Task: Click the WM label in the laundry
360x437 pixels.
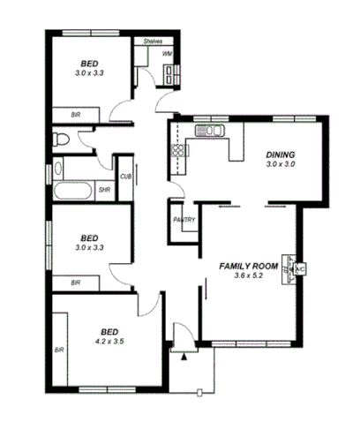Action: pyautogui.click(x=167, y=54)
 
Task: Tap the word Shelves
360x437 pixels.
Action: pyautogui.click(x=153, y=41)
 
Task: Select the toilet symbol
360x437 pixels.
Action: pyautogui.click(x=60, y=139)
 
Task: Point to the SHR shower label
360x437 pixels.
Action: pyautogui.click(x=104, y=189)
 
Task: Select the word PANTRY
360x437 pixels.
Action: pyautogui.click(x=184, y=220)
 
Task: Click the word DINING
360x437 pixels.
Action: pyautogui.click(x=281, y=154)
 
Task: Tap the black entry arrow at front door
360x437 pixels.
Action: pyautogui.click(x=184, y=357)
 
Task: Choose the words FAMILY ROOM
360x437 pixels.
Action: pyautogui.click(x=249, y=265)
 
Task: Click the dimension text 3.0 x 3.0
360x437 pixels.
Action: pyautogui.click(x=281, y=164)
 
